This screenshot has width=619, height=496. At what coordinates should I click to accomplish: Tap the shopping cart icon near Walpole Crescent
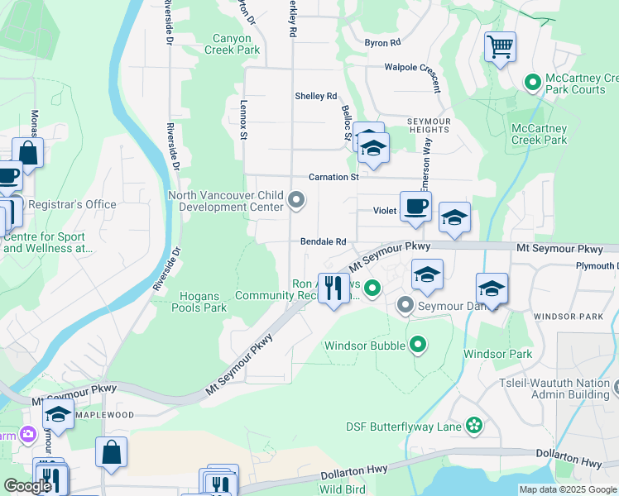pos(500,46)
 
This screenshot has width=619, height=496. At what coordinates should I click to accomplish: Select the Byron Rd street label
pos(382,42)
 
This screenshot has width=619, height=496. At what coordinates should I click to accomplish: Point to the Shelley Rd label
pos(316,96)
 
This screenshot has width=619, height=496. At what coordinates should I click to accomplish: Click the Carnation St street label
pos(333,177)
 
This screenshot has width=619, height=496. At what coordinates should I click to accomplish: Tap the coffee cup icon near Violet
pos(415,205)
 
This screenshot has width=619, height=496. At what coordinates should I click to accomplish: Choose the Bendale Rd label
pos(323,242)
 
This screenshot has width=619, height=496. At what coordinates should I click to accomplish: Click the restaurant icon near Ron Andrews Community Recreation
pos(333,288)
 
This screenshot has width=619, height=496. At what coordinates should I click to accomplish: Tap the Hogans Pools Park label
pos(199,302)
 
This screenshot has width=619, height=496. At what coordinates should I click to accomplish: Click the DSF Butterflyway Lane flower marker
pos(473,426)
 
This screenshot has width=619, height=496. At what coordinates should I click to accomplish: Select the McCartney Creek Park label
pos(539,134)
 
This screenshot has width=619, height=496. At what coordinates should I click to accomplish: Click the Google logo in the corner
pos(26,486)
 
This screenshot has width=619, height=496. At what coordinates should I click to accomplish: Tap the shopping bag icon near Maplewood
pos(111,452)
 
